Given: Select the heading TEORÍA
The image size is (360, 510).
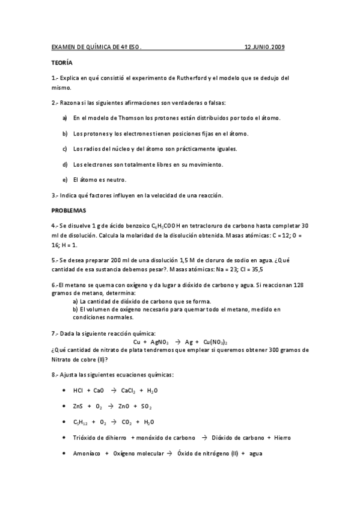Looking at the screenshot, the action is click(61, 62).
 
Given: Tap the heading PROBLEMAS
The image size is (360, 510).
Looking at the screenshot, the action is click(69, 210).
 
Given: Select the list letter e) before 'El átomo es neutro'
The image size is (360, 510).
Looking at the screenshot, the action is click(65, 179).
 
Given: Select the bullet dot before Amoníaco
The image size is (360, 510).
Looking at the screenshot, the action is click(64, 453).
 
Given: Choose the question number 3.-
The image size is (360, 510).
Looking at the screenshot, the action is click(55, 195).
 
